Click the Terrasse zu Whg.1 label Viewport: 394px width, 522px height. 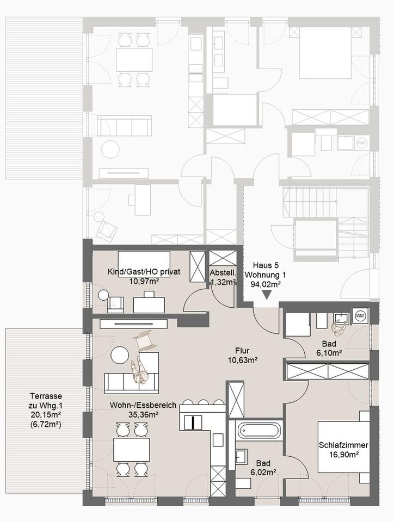point(46,401)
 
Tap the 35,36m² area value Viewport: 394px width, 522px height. point(143,414)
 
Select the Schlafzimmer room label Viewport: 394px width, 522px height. point(343,445)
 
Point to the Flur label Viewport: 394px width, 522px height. point(242,351)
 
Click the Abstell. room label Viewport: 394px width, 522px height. point(223,272)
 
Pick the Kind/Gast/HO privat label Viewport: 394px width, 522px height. point(144,272)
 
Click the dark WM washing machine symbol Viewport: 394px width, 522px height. point(360,315)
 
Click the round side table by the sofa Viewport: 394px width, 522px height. point(120,355)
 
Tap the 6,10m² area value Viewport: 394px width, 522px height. point(329,352)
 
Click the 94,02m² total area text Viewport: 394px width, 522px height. point(266,284)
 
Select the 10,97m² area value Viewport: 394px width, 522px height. point(144,281)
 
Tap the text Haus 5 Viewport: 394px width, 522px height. point(266,265)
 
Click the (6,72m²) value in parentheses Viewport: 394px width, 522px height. point(46,424)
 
